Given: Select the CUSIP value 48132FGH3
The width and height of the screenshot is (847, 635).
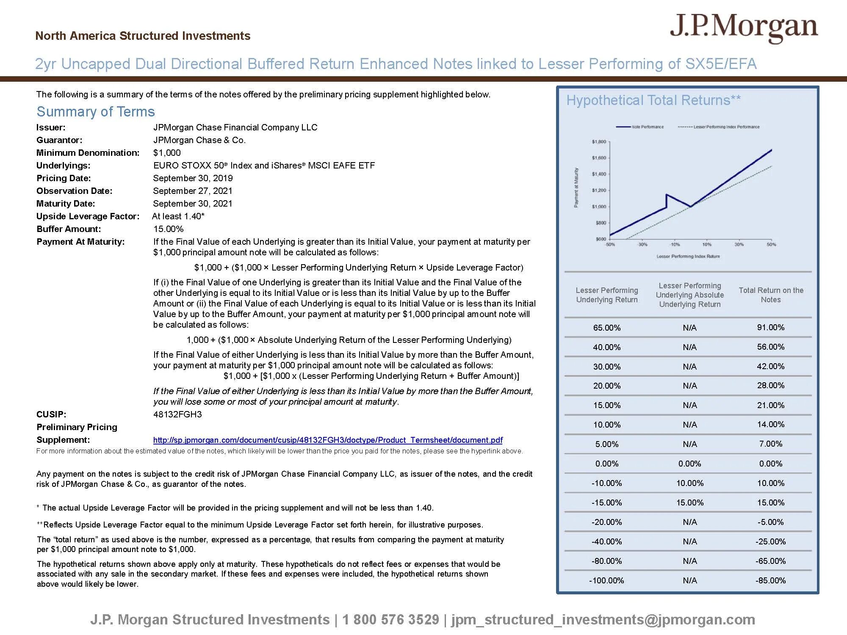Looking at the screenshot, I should [x=177, y=414].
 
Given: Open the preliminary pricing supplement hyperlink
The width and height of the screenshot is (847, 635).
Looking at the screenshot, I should [x=328, y=440].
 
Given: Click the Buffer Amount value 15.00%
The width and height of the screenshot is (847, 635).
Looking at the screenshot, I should [x=168, y=229].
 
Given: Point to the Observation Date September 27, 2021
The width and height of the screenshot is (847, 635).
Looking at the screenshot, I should [x=193, y=191].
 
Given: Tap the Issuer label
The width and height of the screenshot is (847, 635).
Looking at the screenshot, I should [x=51, y=127].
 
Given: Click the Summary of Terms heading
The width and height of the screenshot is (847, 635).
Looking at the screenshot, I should [x=96, y=112].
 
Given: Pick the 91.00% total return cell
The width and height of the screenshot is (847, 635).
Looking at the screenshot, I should [x=770, y=327].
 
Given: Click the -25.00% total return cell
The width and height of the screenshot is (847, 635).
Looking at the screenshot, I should [x=770, y=541].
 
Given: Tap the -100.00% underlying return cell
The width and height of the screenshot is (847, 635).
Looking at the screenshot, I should [x=606, y=580].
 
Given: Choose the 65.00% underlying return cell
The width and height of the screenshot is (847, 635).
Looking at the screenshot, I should [x=606, y=328].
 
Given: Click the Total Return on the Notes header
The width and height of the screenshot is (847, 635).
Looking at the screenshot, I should [x=771, y=295].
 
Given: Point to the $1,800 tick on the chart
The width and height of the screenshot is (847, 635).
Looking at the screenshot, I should [x=599, y=142].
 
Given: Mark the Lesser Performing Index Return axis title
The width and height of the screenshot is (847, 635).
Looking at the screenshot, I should [x=688, y=256].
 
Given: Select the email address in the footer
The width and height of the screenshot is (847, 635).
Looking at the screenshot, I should [x=603, y=619].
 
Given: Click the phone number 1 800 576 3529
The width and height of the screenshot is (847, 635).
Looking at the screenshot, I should [x=390, y=619].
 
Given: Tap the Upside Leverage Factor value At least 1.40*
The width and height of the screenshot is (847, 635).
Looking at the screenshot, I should [x=178, y=216].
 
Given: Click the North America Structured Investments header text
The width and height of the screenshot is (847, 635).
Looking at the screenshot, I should [x=143, y=36].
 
